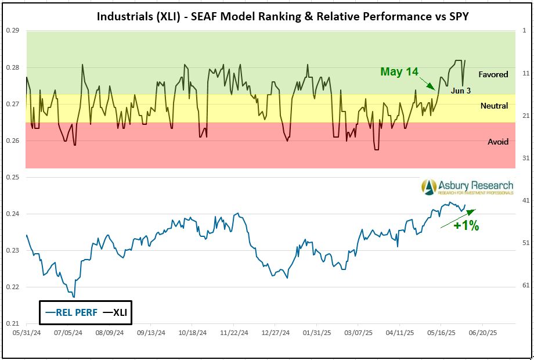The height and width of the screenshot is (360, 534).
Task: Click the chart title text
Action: (x=283, y=16)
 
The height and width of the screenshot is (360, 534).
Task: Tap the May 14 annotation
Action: (x=399, y=71)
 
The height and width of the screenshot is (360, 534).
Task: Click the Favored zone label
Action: (x=493, y=74)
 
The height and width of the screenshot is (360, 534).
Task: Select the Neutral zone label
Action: (x=494, y=106)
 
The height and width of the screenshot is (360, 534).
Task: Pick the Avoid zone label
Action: (x=498, y=142)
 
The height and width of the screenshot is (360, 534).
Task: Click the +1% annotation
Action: (x=466, y=226)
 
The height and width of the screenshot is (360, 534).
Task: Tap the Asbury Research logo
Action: (x=467, y=187)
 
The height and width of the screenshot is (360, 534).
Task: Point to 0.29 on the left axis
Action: (x=12, y=30)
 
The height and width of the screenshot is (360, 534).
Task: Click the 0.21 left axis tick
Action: (x=12, y=323)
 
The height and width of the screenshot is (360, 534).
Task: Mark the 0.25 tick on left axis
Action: (x=12, y=177)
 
